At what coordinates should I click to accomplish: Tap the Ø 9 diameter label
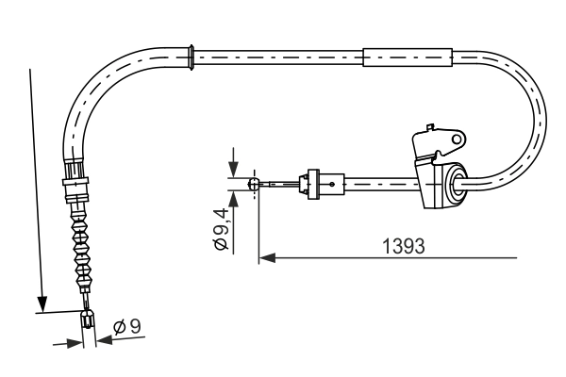[x=126, y=327]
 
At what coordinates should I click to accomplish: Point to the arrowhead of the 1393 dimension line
[x=265, y=255]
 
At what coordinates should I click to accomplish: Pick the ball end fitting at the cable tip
[x=253, y=185]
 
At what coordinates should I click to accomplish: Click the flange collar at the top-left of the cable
[x=191, y=56]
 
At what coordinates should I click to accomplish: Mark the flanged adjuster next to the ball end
[x=309, y=182]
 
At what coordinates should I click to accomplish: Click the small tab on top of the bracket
[x=430, y=124]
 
